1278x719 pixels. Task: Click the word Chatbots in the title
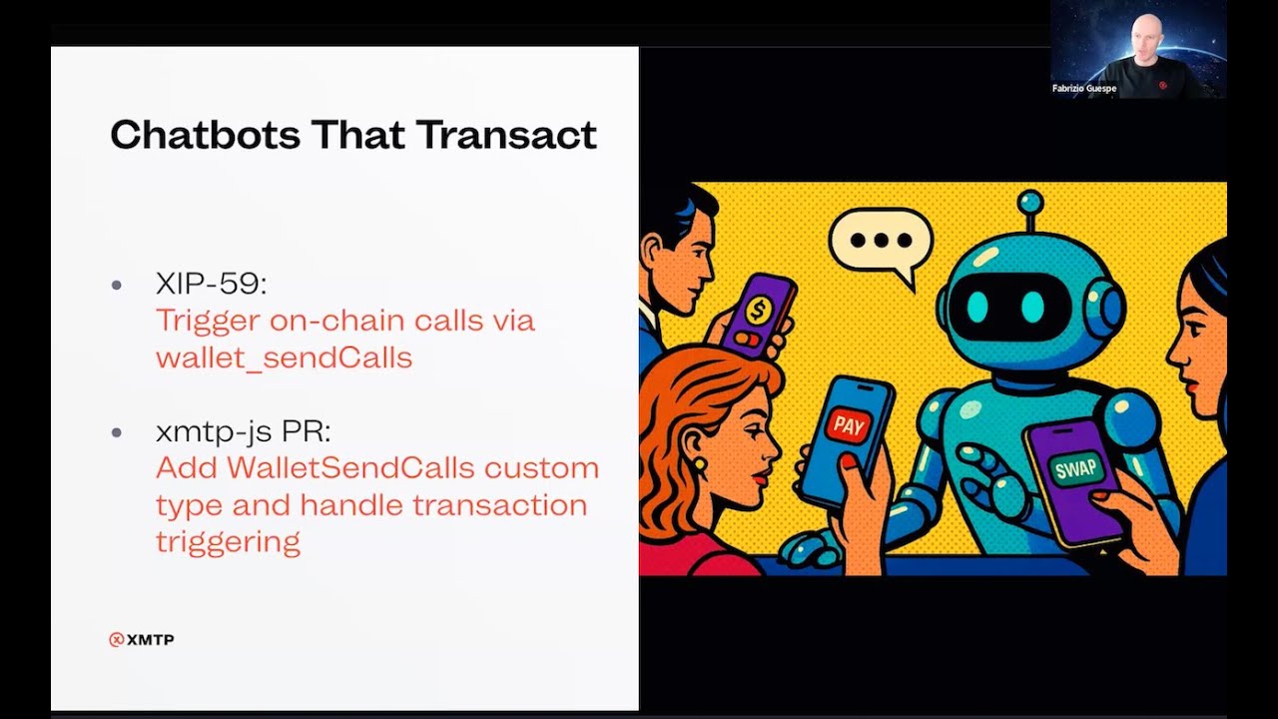coord(206,135)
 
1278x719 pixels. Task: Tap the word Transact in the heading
coord(507,135)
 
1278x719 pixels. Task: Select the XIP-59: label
coord(211,283)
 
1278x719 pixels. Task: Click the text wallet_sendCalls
coord(284,358)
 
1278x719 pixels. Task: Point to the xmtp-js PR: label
coord(243,431)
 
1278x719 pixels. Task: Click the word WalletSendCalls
coord(350,468)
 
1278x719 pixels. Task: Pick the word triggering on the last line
coord(229,542)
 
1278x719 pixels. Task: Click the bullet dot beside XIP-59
coord(117,285)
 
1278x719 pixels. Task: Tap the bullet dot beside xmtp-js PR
coord(117,433)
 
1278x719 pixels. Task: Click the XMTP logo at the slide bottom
coord(142,640)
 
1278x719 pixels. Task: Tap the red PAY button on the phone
coord(849,425)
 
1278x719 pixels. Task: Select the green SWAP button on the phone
coord(1075,469)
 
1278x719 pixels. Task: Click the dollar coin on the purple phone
coord(758,311)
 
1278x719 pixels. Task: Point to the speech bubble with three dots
coord(881,242)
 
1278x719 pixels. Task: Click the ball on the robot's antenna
coord(1029,203)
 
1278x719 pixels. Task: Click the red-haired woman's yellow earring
coord(699,463)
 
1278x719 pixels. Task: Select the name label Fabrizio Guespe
coord(1084,89)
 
